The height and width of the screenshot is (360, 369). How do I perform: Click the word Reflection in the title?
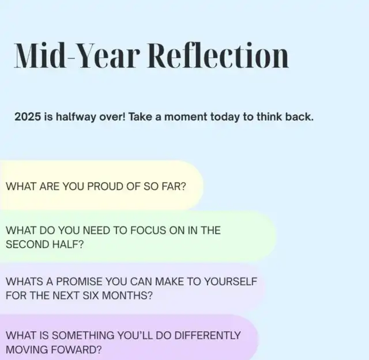pos(218,55)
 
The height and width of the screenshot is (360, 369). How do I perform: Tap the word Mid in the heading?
pos(40,55)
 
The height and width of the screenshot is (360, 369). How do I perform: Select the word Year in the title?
pos(108,55)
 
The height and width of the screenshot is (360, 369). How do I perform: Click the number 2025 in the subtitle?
pos(28,116)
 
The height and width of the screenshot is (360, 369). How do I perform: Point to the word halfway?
pos(76,117)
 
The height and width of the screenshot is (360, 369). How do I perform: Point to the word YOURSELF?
pos(231,282)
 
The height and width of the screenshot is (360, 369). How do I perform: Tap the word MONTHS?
pos(127,295)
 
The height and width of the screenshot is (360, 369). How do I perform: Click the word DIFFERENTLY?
pos(208,335)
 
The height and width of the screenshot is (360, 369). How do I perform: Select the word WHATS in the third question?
pos(24,282)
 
